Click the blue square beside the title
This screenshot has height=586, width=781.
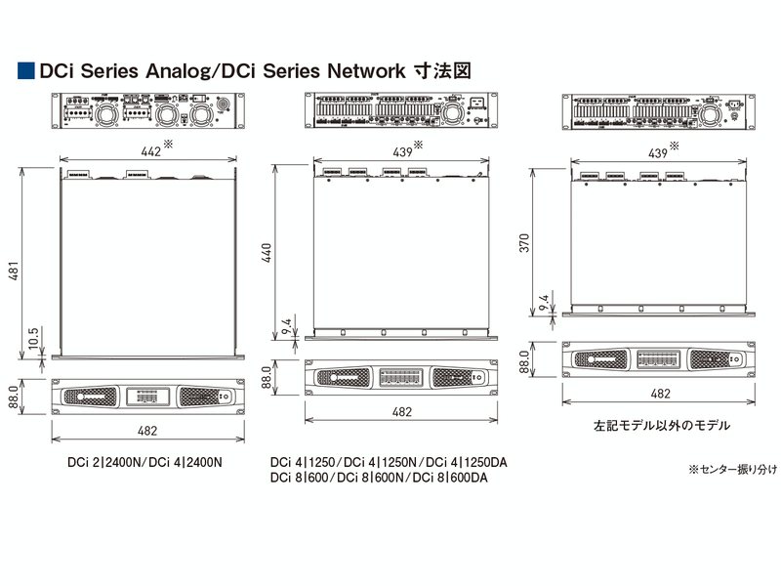[25, 70]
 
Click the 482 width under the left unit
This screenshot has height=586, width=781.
[147, 429]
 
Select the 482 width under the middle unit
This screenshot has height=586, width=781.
[401, 413]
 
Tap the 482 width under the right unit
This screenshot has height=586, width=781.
[659, 394]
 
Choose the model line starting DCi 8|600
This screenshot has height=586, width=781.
[379, 478]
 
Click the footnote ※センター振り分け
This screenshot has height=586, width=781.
[732, 470]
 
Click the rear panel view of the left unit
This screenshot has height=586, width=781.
[147, 112]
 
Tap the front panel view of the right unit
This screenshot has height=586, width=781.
[659, 359]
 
